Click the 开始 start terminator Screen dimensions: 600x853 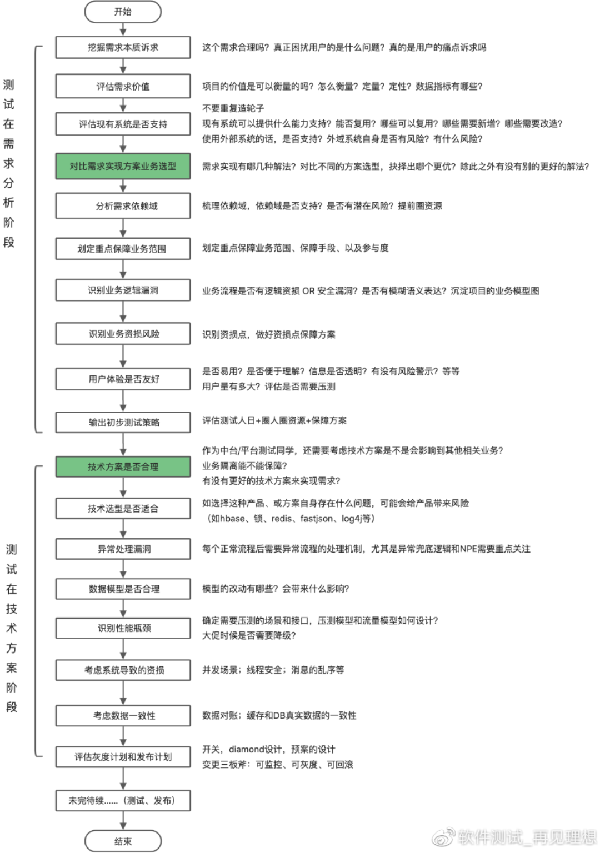pos(123,12)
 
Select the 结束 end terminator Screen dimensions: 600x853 pos(123,841)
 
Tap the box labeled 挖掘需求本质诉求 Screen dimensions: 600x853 pos(123,47)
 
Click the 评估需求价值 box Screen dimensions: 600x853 pos(123,86)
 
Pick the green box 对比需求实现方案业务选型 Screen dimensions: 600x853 pos(123,166)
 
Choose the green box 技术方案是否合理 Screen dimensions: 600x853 pos(123,466)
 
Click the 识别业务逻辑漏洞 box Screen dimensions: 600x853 pos(123,290)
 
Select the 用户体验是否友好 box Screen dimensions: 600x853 pos(123,379)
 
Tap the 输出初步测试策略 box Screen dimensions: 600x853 pos(123,422)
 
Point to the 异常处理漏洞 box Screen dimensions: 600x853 pos(123,549)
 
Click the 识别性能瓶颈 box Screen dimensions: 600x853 pos(123,628)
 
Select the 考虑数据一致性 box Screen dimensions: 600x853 pos(123,715)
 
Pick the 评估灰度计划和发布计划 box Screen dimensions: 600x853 pos(123,757)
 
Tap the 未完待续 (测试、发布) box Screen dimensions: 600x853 pos(123,800)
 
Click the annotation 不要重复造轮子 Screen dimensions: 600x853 pos(233,108)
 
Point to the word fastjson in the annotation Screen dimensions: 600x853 pos(316,518)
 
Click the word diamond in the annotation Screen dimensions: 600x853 pos(246,749)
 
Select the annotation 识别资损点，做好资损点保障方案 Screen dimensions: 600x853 pos(268,334)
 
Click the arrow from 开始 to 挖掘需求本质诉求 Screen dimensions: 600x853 pos(123,29)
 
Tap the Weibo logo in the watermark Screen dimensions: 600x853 pos(443,836)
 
